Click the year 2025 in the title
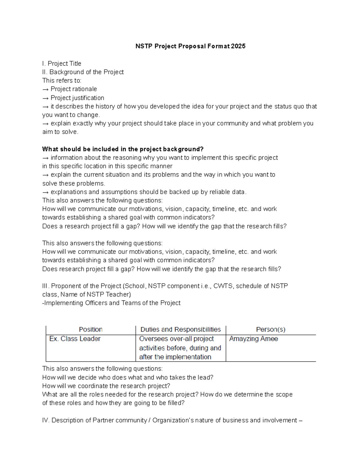coord(238,46)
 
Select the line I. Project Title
coord(62,64)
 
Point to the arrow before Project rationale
coord(46,89)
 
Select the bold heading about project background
coord(123,149)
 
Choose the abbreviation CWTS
coord(223,286)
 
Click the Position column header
coord(91,329)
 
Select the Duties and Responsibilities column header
coord(180,329)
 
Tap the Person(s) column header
coord(271,329)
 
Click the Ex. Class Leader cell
coord(75,339)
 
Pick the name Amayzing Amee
coord(253,339)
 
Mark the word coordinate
coord(93,386)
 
